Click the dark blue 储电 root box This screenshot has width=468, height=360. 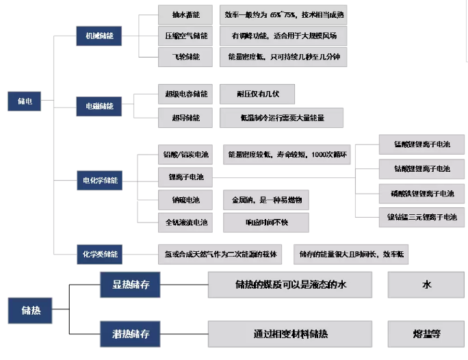coord(25,101)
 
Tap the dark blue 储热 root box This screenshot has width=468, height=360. coord(29,311)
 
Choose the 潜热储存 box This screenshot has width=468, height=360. coord(131,335)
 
